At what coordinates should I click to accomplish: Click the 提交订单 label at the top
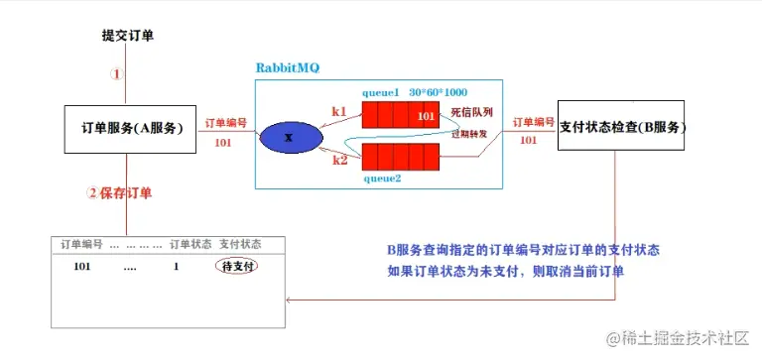coord(127,36)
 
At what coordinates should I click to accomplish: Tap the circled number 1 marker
coord(117,73)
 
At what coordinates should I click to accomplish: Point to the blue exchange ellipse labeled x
coord(289,137)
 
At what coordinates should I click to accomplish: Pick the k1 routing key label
coord(339,113)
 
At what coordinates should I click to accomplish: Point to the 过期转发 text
coord(471,134)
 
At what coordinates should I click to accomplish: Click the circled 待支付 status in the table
coord(237,267)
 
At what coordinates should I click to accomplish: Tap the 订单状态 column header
coord(190,244)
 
